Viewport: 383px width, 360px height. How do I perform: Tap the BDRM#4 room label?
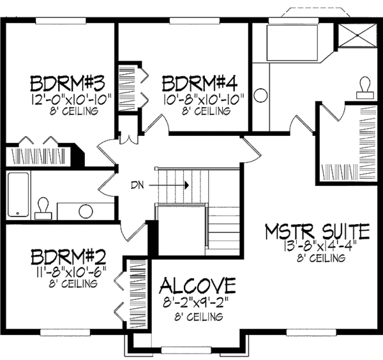199,84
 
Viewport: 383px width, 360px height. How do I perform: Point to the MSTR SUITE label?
317,230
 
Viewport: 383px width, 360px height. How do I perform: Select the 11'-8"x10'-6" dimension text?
68,271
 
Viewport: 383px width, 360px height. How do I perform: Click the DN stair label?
137,185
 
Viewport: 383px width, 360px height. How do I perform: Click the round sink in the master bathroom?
260,96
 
